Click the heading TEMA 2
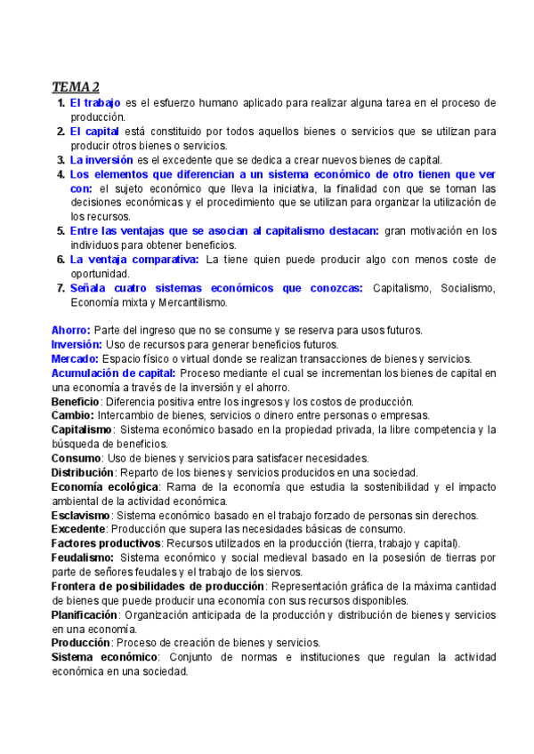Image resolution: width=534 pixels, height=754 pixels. click(75, 86)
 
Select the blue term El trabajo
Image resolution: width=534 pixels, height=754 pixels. click(95, 103)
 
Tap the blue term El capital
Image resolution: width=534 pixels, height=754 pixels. click(95, 132)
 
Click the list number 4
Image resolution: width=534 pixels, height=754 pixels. click(61, 174)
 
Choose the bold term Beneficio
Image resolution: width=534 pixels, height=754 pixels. click(76, 401)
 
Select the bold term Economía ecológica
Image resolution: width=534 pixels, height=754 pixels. click(105, 486)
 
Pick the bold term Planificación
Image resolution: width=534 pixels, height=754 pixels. click(85, 614)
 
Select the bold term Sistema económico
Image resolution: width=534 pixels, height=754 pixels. click(104, 657)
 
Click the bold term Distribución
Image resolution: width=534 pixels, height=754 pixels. click(83, 472)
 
